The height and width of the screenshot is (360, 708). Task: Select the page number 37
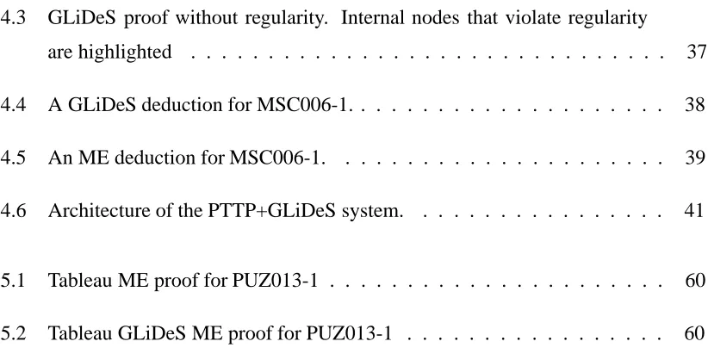pyautogui.click(x=697, y=52)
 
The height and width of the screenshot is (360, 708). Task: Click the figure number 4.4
pyautogui.click(x=13, y=105)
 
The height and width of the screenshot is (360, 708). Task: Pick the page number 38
pyautogui.click(x=696, y=105)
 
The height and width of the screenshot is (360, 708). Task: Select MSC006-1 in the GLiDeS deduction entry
pyautogui.click(x=303, y=105)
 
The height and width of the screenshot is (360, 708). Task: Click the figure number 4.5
pyautogui.click(x=13, y=158)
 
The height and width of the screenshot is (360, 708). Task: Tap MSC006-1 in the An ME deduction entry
pyautogui.click(x=276, y=158)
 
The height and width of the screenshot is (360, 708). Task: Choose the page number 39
pyautogui.click(x=696, y=158)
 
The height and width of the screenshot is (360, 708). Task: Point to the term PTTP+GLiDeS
pyautogui.click(x=272, y=210)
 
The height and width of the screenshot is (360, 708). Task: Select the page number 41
pyautogui.click(x=695, y=210)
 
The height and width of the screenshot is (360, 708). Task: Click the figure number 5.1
pyautogui.click(x=13, y=281)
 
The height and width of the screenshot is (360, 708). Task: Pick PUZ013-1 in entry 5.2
pyautogui.click(x=349, y=333)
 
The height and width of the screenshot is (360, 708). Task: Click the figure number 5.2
pyautogui.click(x=13, y=333)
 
